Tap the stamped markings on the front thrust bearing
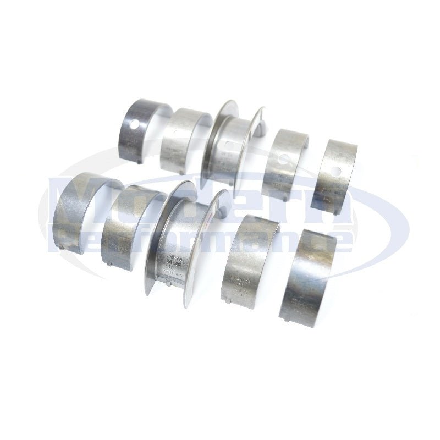click(x=169, y=263)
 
